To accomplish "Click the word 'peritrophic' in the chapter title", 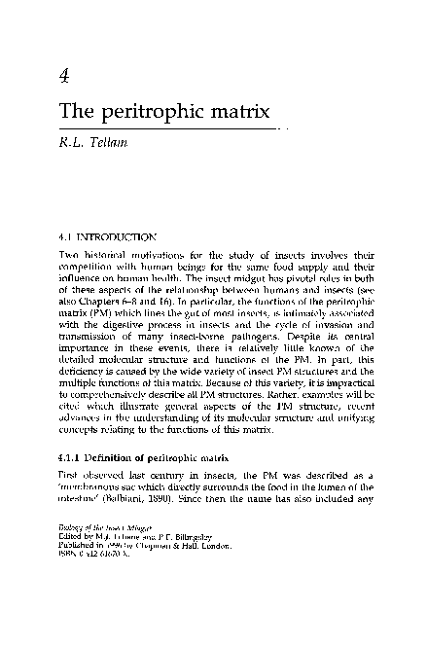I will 145,112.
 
